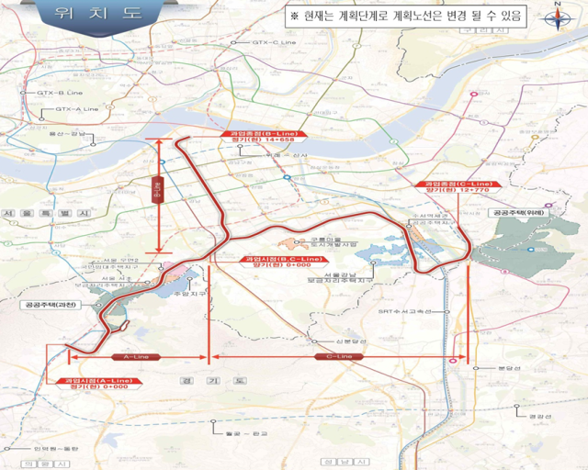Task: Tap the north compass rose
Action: tap(557, 18)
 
